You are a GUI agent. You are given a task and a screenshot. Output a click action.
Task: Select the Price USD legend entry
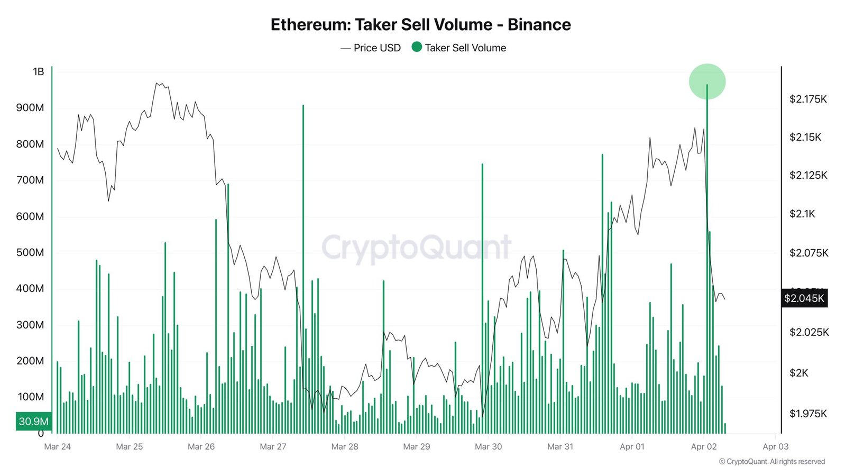tap(371, 48)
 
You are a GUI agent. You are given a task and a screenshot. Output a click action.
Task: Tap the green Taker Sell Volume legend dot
tap(417, 47)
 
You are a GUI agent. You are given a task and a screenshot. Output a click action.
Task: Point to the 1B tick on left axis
tap(39, 71)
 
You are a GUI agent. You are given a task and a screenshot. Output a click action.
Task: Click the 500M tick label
tap(30, 252)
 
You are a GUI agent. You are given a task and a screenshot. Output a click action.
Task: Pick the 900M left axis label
tap(30, 108)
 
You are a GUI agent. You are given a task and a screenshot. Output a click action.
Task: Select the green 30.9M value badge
tap(34, 422)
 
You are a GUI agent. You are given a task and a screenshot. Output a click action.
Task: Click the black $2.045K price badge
tap(804, 298)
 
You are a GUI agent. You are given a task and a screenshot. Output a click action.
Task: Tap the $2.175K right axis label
tap(808, 99)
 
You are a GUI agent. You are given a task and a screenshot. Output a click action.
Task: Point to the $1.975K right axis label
tap(808, 414)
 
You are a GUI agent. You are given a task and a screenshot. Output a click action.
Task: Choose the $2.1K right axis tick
tap(802, 214)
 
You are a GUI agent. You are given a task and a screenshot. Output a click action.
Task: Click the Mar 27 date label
tap(273, 446)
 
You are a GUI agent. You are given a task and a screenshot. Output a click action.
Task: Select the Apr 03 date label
tap(775, 446)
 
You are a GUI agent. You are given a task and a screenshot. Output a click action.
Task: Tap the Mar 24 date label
tap(58, 446)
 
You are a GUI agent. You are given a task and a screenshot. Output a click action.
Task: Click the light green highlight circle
tap(707, 81)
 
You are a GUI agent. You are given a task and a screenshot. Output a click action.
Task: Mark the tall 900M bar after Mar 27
tap(303, 264)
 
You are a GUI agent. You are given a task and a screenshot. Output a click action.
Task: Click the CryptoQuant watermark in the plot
tap(416, 248)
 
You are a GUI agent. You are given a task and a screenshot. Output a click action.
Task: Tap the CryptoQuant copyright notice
tap(771, 462)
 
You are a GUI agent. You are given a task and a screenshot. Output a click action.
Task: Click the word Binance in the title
tap(539, 25)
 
